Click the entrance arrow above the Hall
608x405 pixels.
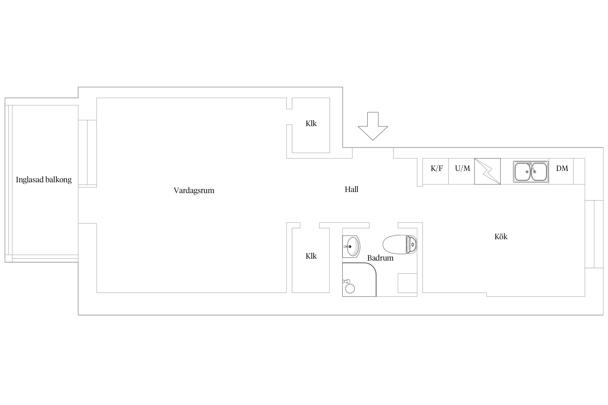373,126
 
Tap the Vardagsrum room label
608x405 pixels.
194,190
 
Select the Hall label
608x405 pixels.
351,189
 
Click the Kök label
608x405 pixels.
501,237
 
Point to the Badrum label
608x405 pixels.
380,258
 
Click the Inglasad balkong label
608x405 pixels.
44,180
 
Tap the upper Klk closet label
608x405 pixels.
311,123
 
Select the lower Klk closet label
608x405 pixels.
311,256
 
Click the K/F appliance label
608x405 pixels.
437,168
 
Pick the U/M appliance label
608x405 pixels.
462,168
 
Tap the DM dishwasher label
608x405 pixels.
562,168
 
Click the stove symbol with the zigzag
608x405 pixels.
487,171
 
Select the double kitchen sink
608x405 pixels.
531,172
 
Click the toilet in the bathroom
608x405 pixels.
400,245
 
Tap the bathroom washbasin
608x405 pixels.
351,246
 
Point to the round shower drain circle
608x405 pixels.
350,289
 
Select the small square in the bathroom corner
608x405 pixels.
407,283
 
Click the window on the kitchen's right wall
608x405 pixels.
594,234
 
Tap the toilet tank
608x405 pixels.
412,245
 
